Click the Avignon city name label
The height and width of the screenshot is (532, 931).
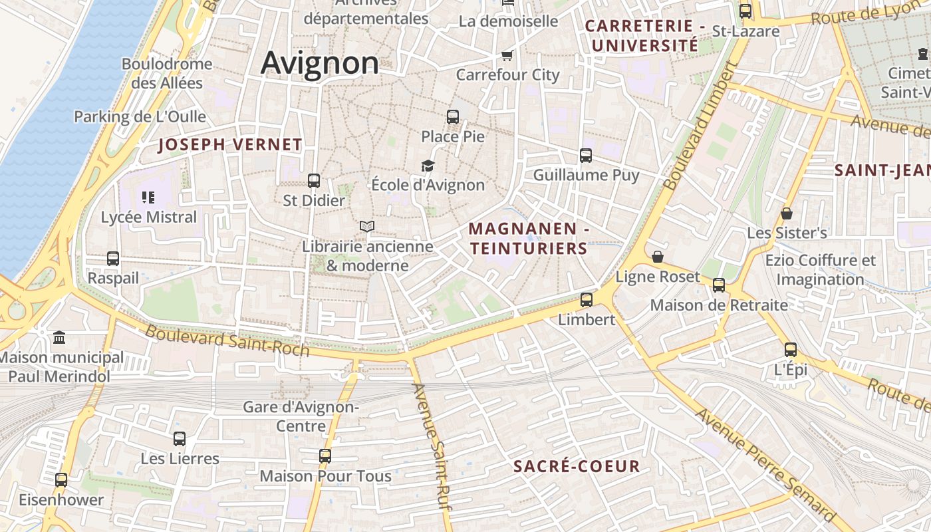(320, 63)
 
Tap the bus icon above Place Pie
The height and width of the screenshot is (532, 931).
(453, 117)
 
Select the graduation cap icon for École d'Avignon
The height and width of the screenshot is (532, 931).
(428, 166)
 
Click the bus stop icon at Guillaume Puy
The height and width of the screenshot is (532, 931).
(586, 156)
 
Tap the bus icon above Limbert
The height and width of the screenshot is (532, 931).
(587, 300)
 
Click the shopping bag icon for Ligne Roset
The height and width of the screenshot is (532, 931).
(658, 257)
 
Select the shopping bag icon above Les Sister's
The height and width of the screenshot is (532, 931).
(787, 213)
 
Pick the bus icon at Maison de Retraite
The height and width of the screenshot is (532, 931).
(719, 285)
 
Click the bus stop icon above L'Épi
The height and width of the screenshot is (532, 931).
(791, 349)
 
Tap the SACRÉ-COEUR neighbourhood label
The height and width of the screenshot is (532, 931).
(577, 466)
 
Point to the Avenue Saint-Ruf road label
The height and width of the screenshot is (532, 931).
(432, 447)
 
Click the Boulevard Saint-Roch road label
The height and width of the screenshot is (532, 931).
(227, 340)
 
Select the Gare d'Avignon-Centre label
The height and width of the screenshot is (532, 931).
(301, 416)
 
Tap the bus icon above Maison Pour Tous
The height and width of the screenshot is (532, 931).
(325, 456)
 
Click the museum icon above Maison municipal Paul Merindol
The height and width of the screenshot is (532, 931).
(59, 337)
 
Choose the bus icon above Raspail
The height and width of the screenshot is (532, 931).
(113, 258)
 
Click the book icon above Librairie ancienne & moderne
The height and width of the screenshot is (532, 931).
(367, 226)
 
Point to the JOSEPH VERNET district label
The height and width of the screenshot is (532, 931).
(230, 145)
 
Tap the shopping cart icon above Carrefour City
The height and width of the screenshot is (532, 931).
(507, 55)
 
